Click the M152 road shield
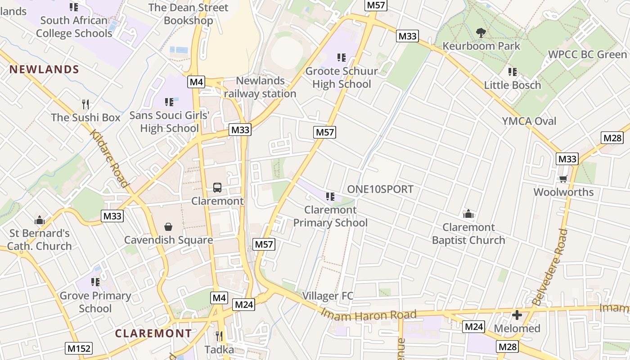pyautogui.click(x=79, y=348)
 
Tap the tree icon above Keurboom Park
pyautogui.click(x=481, y=32)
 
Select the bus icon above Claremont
pyautogui.click(x=217, y=188)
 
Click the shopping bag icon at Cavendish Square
pyautogui.click(x=168, y=226)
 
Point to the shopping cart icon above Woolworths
pyautogui.click(x=563, y=179)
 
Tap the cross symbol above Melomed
pyautogui.click(x=517, y=315)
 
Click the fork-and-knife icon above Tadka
pyautogui.click(x=219, y=336)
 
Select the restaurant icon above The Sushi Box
pyautogui.click(x=85, y=104)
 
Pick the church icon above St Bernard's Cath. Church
pyautogui.click(x=40, y=220)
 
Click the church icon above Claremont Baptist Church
pyautogui.click(x=468, y=214)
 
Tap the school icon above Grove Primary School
pyautogui.click(x=95, y=282)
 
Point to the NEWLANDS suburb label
pyautogui.click(x=44, y=69)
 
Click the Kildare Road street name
pyautogui.click(x=109, y=158)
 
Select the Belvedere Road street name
pyautogui.click(x=550, y=267)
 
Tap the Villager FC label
pyautogui.click(x=328, y=296)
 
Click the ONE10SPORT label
pyautogui.click(x=380, y=189)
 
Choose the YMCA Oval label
pyautogui.click(x=529, y=121)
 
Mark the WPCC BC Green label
pyautogui.click(x=587, y=55)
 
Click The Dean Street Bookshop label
pyautogui.click(x=188, y=14)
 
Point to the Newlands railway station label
pyautogui.click(x=260, y=87)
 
